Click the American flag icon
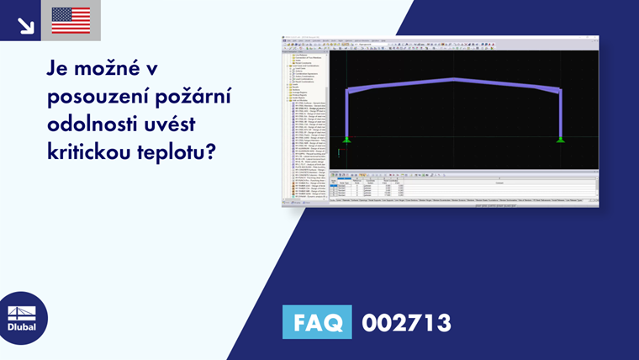pos(71,20)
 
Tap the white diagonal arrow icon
pos(25,20)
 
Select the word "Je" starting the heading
pos(58,68)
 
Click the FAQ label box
pos(319,322)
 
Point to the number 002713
pos(407,322)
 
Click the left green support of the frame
pos(347,139)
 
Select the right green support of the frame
pos(561,139)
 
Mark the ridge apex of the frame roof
pos(454,80)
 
